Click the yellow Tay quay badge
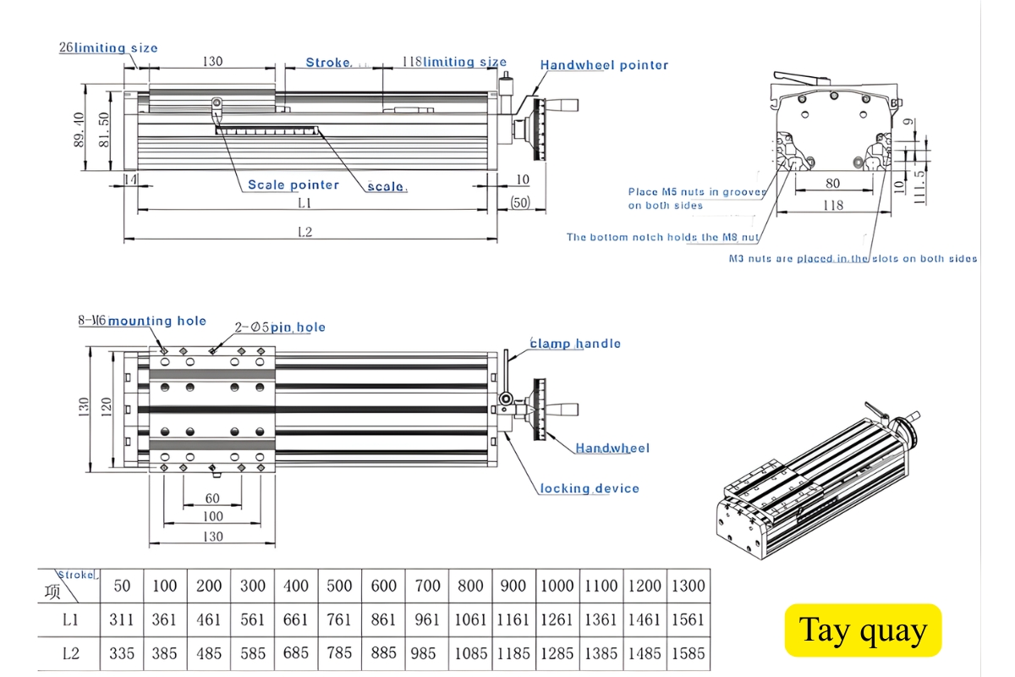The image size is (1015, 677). pos(863,630)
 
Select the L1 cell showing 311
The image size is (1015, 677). pos(122,619)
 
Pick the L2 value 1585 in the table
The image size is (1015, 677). pos(687,653)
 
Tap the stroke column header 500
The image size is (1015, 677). pos(339,586)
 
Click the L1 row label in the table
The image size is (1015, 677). pos(69,619)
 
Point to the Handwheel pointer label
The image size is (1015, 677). pos(604,65)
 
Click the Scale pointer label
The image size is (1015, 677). pos(293,184)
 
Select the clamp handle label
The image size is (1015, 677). pos(575,344)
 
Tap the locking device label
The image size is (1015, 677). pos(590,488)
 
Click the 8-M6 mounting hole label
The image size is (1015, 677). pos(142,321)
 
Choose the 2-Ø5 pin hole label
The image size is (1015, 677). pos(280,327)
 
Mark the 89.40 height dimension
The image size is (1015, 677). pos(80,128)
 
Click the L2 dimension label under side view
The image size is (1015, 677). pos(305,232)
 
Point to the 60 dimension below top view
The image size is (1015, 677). pos(212,498)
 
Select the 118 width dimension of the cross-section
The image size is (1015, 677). pos(833,204)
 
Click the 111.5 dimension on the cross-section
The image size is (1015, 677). pos(919,186)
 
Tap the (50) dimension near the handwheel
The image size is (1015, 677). pos(520,202)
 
